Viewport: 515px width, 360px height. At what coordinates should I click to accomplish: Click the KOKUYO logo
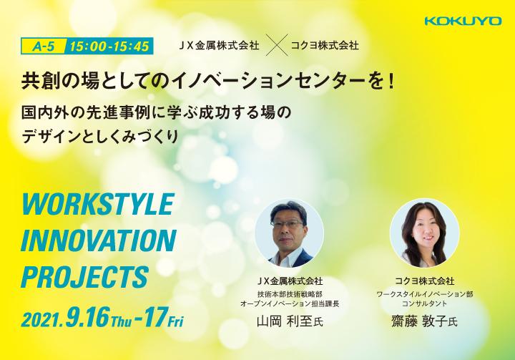tap(463, 21)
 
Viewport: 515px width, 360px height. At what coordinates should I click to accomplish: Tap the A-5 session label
tap(44, 47)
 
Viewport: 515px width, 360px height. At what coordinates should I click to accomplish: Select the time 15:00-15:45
tap(109, 47)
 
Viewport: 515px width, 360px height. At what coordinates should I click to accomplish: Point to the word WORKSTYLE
tap(98, 204)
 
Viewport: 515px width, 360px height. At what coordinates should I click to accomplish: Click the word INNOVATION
tap(99, 240)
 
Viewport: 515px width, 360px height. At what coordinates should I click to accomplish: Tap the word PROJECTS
tap(84, 277)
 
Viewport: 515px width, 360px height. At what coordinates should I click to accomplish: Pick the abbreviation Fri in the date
tap(176, 321)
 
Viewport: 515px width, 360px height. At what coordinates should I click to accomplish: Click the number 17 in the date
tap(154, 317)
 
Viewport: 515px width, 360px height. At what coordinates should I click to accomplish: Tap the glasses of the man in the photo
tap(287, 224)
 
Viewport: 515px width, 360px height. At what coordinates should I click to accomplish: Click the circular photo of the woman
tap(424, 233)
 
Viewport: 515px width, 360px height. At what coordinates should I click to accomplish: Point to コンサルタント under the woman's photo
tap(424, 303)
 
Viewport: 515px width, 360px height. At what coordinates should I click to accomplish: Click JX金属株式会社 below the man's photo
tap(290, 281)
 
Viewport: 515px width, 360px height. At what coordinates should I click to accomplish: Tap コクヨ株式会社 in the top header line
tap(325, 45)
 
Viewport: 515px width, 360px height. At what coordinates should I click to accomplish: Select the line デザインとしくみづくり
tap(100, 137)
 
